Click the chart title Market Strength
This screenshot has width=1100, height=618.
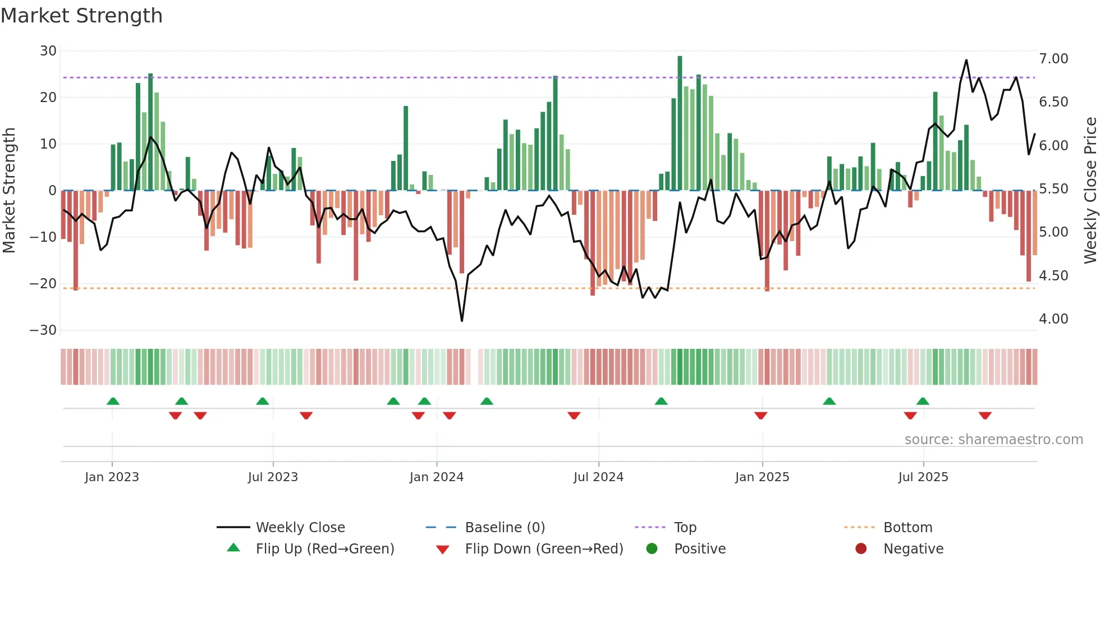click(x=82, y=16)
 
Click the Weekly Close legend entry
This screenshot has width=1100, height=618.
click(x=300, y=528)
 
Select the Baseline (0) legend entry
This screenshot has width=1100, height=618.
click(x=505, y=528)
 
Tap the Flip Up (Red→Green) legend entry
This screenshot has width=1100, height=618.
click(x=324, y=549)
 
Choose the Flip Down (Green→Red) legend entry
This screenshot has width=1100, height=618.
click(x=543, y=549)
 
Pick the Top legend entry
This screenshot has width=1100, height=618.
click(x=685, y=528)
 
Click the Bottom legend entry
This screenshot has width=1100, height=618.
click(x=907, y=528)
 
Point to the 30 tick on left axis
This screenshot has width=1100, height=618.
click(x=48, y=51)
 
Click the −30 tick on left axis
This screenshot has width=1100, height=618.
click(x=43, y=330)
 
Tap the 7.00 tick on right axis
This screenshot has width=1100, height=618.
click(x=1053, y=59)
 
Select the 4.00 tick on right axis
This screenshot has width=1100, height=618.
click(x=1053, y=319)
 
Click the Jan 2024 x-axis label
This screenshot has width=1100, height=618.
click(x=437, y=477)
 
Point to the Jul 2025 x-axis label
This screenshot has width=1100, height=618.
click(x=923, y=477)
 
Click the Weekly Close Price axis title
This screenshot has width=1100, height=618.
click(x=1090, y=190)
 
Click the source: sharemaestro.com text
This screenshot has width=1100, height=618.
click(x=993, y=440)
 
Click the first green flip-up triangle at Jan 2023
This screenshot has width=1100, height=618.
click(x=113, y=402)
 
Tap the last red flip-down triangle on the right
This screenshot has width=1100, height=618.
click(x=985, y=416)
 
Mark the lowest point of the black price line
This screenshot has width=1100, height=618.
click(x=462, y=321)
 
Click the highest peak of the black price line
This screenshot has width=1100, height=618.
click(x=966, y=60)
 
